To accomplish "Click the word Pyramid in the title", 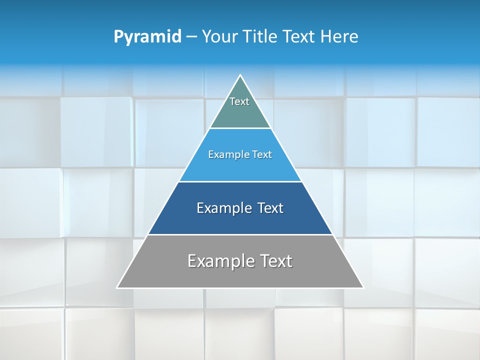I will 147,37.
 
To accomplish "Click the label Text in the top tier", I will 239,101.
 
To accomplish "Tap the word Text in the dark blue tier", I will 270,208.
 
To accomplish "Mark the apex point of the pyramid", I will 240,75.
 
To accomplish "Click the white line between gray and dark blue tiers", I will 240,234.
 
